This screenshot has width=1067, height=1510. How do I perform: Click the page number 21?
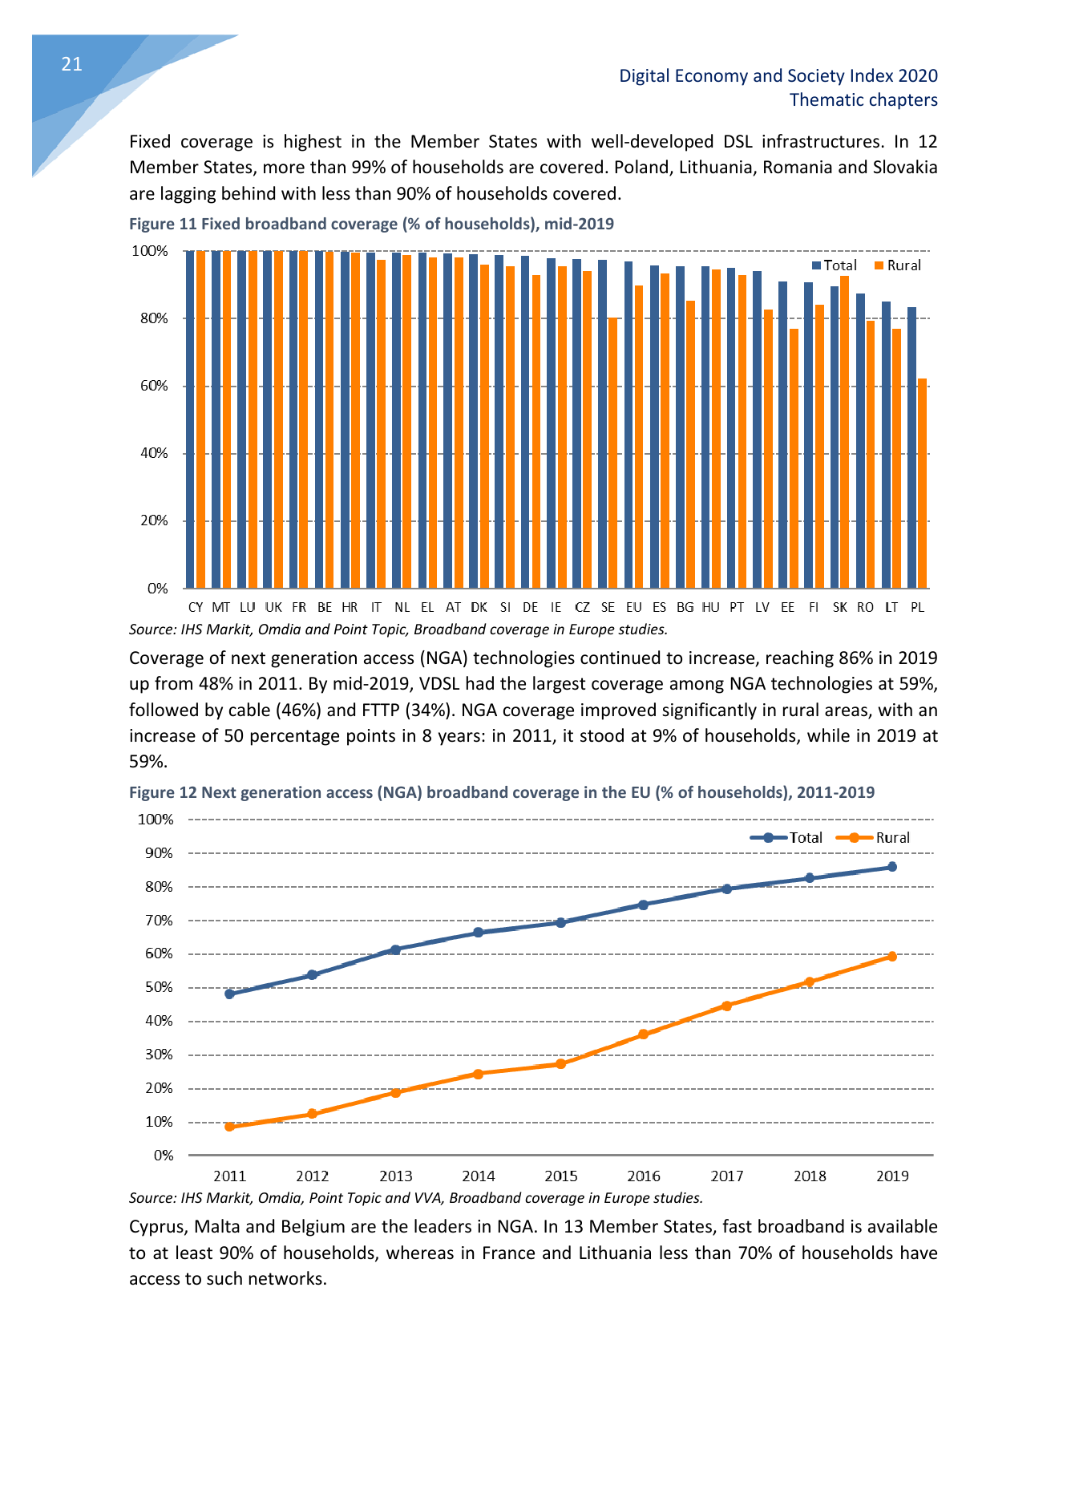[71, 65]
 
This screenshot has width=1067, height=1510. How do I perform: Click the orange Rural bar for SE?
[612, 453]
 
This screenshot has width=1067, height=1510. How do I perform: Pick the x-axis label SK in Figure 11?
[839, 608]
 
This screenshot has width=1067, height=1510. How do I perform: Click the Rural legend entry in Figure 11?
[898, 265]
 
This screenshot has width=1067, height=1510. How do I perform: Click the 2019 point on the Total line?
[892, 867]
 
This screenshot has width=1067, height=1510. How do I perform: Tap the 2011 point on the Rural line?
[230, 1127]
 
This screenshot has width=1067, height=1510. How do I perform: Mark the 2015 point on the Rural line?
[561, 1064]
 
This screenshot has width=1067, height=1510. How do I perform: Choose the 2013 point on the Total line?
[395, 949]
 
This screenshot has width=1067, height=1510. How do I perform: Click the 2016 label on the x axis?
[644, 1176]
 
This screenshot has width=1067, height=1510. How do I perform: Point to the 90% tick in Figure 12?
[159, 853]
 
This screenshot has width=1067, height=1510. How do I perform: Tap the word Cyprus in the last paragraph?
[157, 1227]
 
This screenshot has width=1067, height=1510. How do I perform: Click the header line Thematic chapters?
[863, 100]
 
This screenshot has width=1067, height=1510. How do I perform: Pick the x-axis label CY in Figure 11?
[196, 608]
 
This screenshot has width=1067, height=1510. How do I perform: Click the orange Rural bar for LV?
[767, 448]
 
